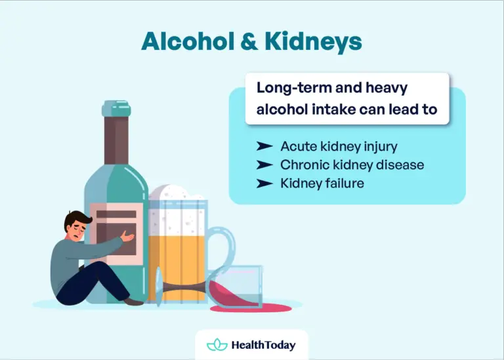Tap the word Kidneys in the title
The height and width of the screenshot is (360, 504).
pos(313,41)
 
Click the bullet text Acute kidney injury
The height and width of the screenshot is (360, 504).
pos(339,146)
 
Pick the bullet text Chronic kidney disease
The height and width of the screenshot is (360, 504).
pos(352,165)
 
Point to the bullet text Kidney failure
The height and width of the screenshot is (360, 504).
pos(322,183)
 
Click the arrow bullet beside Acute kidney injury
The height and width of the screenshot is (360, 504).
pos(264,146)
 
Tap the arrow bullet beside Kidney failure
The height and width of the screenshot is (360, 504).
pos(264,183)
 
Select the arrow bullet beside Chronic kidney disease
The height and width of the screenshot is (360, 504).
pos(264,165)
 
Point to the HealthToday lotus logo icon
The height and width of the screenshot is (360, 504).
pos(217,345)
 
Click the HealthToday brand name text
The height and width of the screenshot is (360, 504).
pos(263,345)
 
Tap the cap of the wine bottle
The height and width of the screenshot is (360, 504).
pos(116,109)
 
